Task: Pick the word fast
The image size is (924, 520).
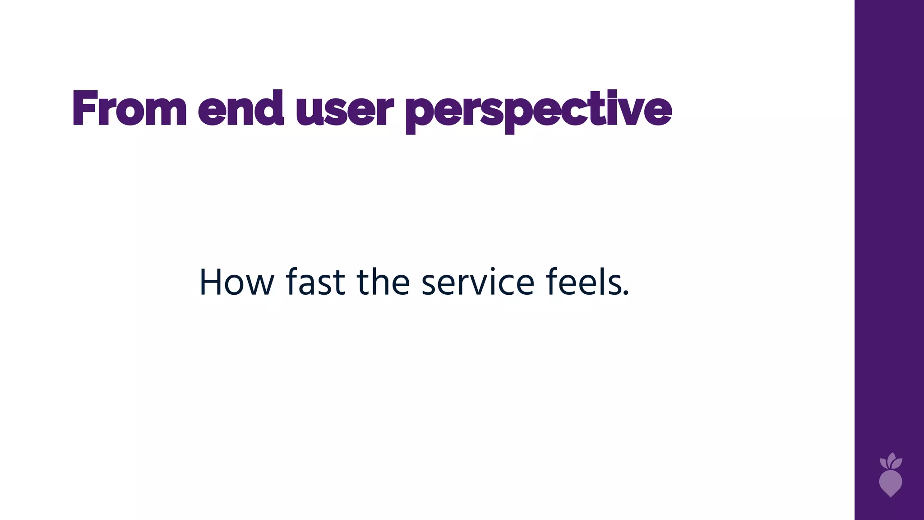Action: (315, 282)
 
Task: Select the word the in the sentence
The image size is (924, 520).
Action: (383, 282)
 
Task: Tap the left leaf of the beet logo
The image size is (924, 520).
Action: (883, 463)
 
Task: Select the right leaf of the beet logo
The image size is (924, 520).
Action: (897, 463)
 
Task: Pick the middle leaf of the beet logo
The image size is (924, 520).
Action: (892, 458)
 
